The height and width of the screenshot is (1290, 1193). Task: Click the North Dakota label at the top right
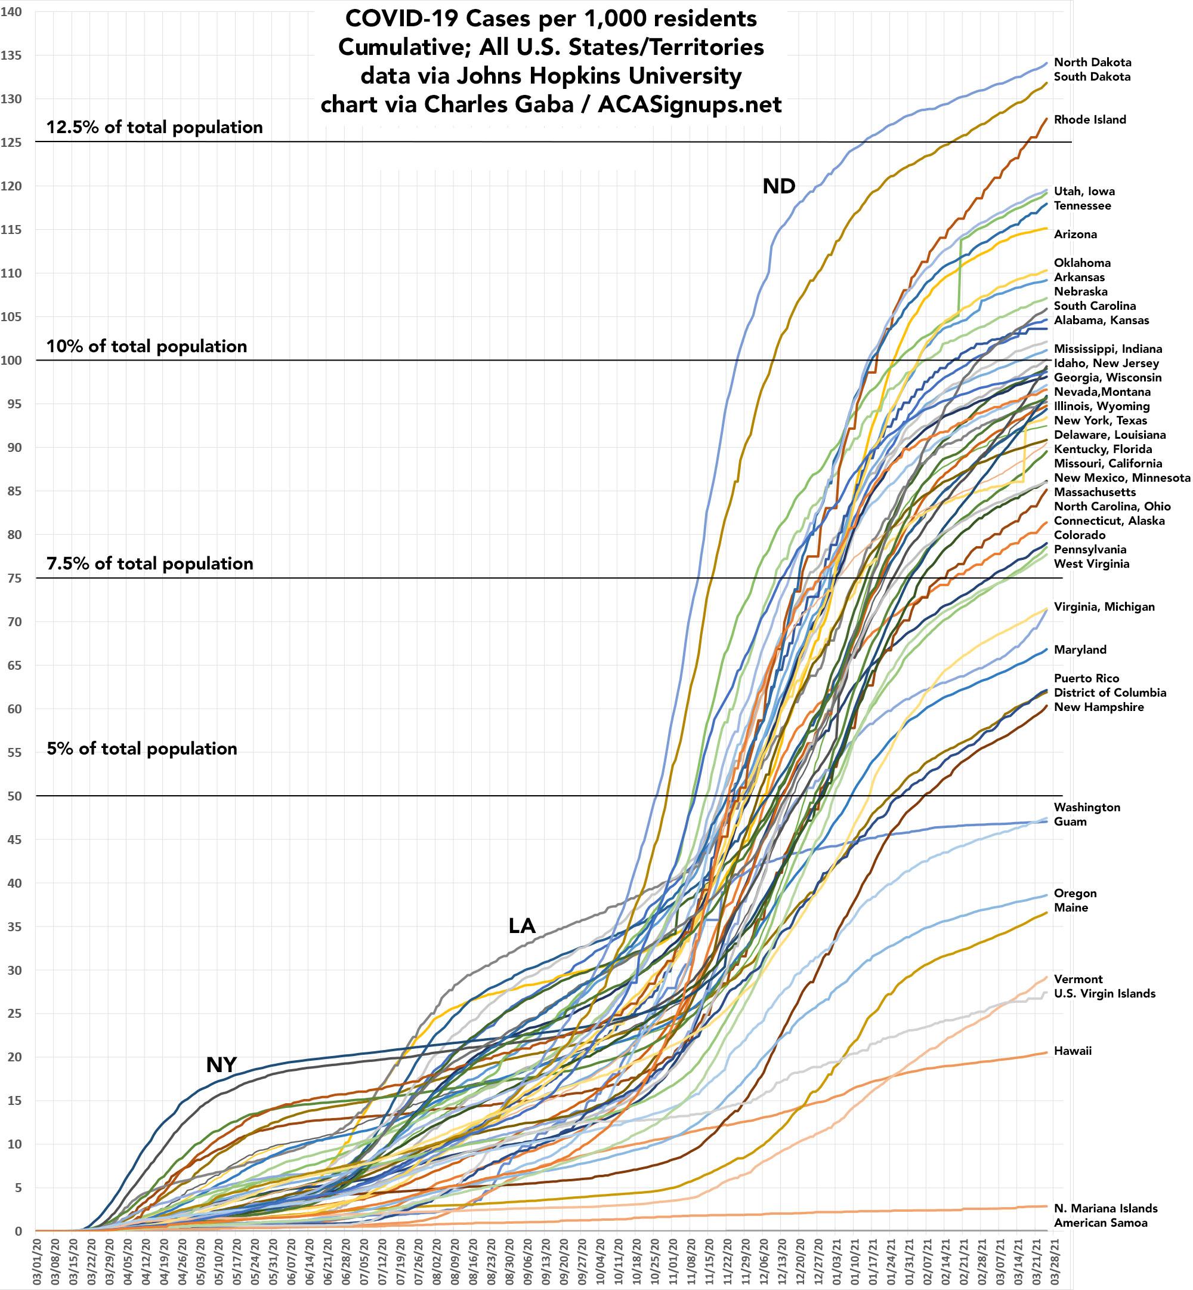(1092, 63)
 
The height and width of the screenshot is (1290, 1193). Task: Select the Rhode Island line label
(1090, 119)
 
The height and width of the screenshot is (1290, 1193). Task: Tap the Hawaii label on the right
(1073, 1051)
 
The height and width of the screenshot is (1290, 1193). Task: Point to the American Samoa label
(1101, 1223)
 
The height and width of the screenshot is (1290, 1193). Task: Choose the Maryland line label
(1080, 650)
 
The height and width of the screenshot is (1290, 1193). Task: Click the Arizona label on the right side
(1075, 235)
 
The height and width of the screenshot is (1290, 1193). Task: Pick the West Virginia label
(1092, 564)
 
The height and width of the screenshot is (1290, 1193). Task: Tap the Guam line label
(1070, 821)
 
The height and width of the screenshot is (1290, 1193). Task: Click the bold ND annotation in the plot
(778, 187)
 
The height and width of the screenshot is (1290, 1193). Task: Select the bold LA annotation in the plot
(521, 926)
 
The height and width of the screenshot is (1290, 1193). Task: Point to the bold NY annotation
(221, 1065)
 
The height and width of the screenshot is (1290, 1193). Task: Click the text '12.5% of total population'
(154, 127)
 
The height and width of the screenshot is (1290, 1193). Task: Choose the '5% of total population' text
(142, 749)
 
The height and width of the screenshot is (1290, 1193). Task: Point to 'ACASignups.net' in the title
(690, 104)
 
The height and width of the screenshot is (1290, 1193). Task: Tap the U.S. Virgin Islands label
(1105, 993)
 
